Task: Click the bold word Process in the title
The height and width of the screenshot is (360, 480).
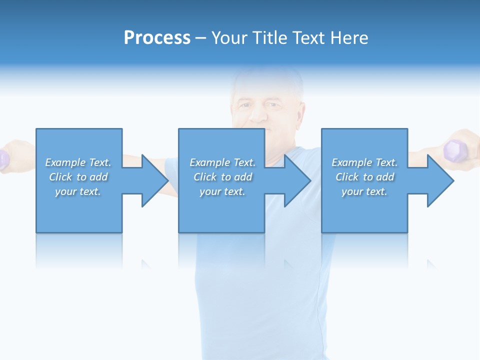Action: pos(157,38)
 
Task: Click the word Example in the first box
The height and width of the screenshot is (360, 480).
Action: pos(65,162)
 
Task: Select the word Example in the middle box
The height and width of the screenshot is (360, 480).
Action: pos(209,162)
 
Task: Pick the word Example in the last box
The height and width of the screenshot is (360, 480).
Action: pos(351,162)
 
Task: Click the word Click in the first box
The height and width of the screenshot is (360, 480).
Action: pos(60,177)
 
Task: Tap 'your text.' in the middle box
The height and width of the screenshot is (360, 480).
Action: pos(222,191)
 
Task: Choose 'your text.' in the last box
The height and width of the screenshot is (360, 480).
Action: pos(364,191)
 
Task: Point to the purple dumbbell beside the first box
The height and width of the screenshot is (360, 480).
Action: pos(4,158)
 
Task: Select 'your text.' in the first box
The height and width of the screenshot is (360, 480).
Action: pos(77,191)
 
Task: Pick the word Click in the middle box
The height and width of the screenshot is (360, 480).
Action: pos(205,177)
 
